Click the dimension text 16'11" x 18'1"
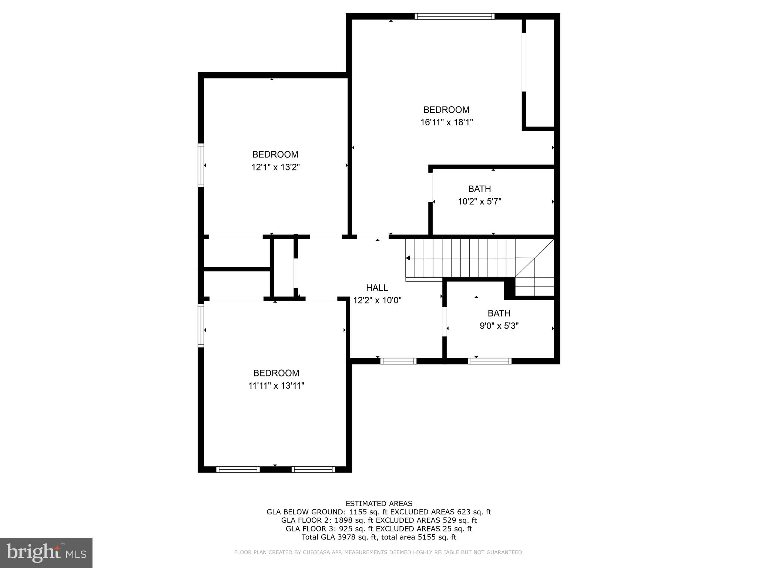pos(446,122)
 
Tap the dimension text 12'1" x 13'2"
pos(275,167)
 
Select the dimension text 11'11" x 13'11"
pos(276,386)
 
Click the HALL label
pos(377,288)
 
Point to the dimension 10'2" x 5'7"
pos(479,202)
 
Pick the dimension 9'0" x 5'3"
pos(499,326)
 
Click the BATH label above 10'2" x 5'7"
pos(479,189)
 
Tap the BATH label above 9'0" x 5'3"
pos(499,313)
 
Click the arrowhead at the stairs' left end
pos(408,258)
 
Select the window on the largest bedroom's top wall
pos(454,16)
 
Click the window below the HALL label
pos(398,361)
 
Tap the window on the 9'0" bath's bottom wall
pos(490,361)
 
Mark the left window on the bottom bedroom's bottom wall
pos(238,469)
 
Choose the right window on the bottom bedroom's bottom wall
pos(313,469)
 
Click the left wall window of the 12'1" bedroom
pos(201,165)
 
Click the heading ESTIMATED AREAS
pos(379,503)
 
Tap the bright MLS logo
pos(46,553)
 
